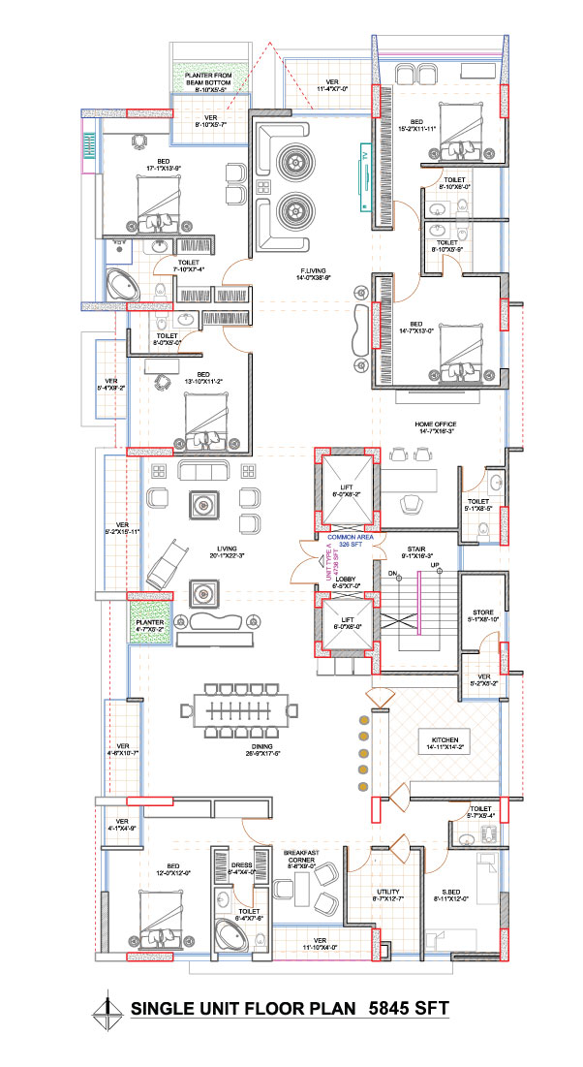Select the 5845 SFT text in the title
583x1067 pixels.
pos(410,1009)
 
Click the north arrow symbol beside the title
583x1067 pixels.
pos(107,1013)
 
